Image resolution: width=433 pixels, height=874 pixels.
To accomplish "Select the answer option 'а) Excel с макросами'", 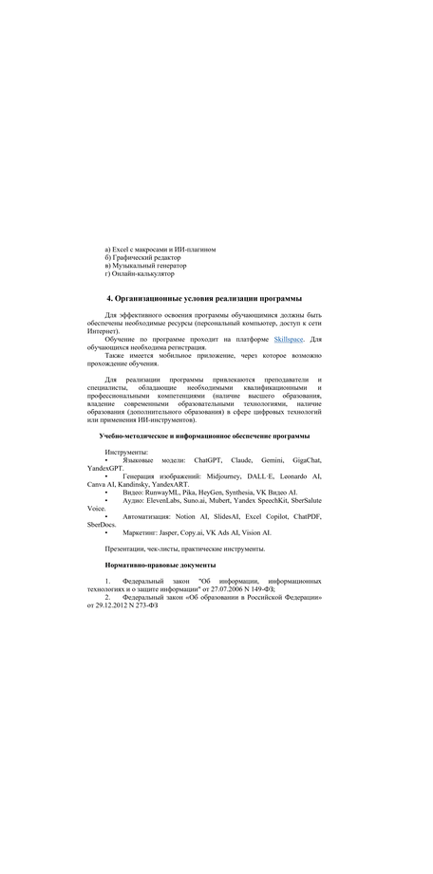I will (x=160, y=250).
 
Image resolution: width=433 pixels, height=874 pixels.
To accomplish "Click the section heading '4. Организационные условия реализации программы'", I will (x=204, y=298).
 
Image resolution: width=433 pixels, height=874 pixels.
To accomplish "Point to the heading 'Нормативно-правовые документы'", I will (x=167, y=565).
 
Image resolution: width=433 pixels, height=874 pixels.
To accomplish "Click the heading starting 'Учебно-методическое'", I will (x=204, y=436).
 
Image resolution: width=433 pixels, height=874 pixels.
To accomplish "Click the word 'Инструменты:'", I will (x=126, y=452).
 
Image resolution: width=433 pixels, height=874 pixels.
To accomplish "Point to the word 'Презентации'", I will (x=129, y=549).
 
